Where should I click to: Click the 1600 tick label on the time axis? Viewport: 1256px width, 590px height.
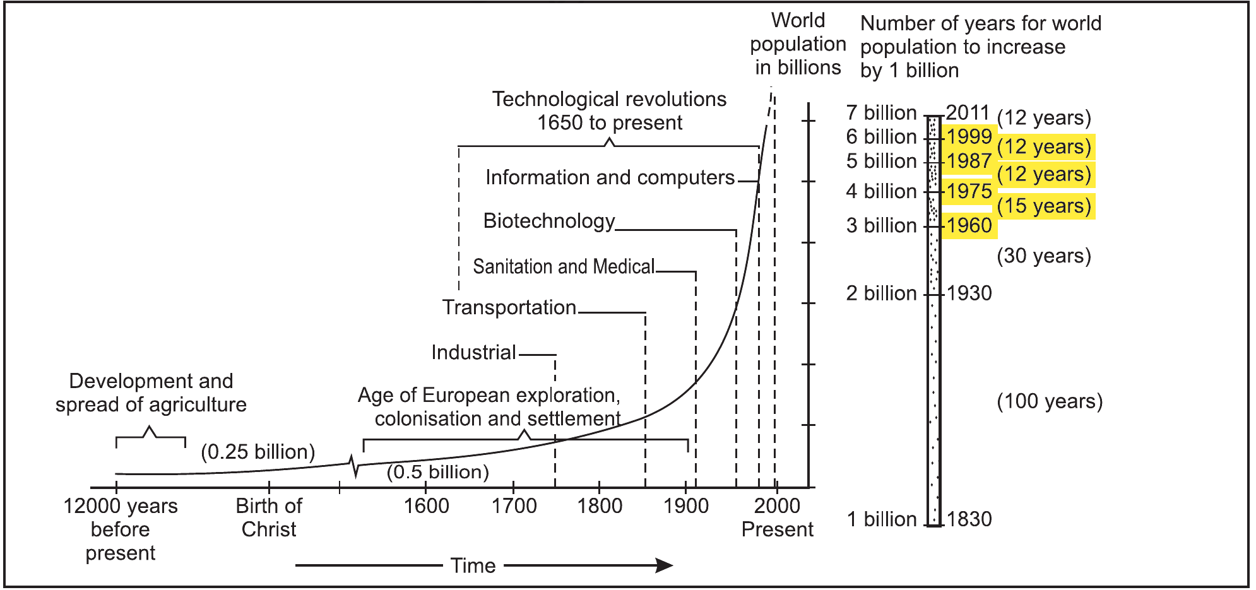[x=426, y=506]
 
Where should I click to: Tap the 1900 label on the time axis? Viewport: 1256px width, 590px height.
[x=686, y=506]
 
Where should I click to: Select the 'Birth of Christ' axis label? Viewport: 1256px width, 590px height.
[x=269, y=517]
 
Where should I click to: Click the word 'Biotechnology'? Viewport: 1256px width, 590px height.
[x=549, y=221]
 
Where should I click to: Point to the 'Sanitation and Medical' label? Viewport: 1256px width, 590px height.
[x=564, y=266]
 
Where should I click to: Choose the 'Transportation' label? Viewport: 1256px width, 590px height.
[x=509, y=307]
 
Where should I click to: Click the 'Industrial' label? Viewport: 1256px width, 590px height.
[x=474, y=352]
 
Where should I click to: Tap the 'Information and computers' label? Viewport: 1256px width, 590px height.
[x=610, y=178]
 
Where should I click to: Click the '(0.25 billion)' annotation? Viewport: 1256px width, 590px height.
[x=258, y=452]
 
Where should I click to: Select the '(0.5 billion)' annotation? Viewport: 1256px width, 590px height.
[x=438, y=472]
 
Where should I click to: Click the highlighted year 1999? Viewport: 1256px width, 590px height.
[x=969, y=136]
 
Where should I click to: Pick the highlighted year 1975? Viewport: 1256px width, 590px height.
[x=969, y=191]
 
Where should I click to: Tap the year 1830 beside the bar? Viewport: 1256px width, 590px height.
[x=969, y=519]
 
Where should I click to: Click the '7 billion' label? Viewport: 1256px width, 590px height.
[x=881, y=113]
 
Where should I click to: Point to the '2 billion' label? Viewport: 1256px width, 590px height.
[x=881, y=293]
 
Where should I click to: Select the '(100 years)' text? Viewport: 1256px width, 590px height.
[x=1050, y=402]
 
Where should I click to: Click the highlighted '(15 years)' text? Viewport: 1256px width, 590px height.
[x=1044, y=206]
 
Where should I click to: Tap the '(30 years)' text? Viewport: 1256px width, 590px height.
[x=1044, y=256]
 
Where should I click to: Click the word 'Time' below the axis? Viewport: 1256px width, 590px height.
[x=473, y=566]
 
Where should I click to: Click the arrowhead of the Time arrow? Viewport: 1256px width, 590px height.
[x=665, y=565]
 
